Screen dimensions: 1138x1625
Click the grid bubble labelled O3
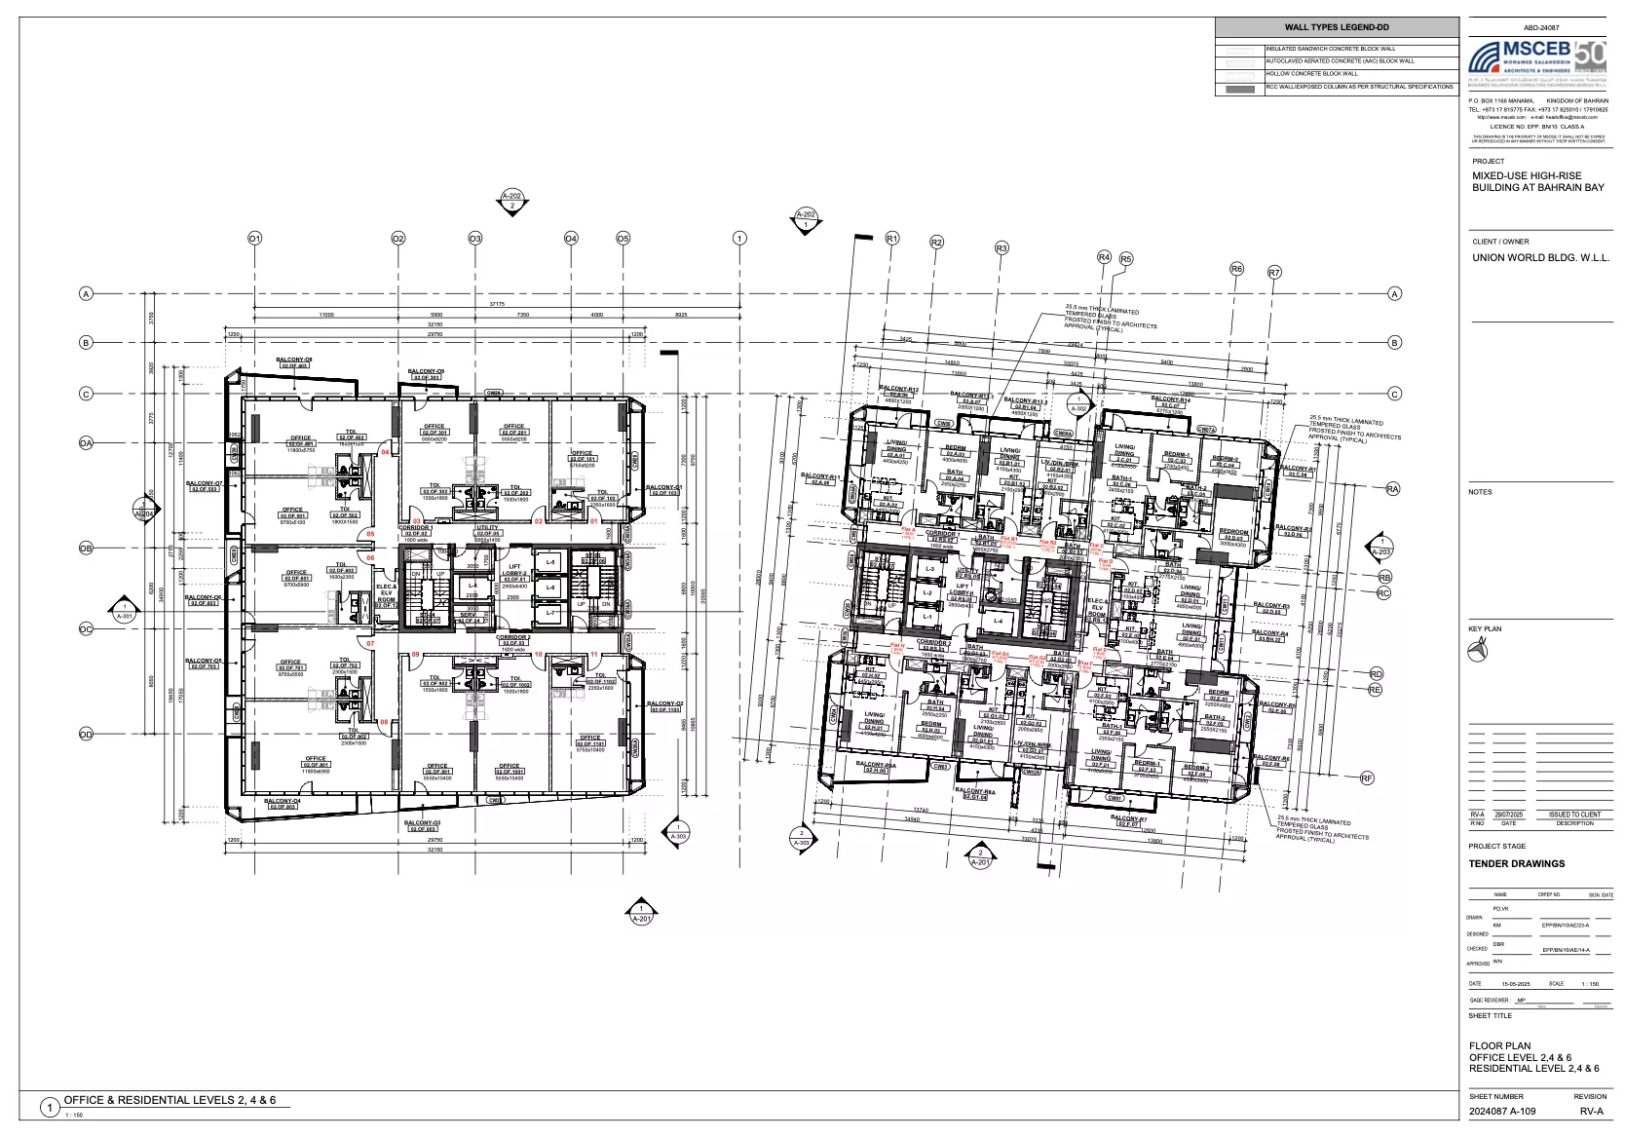475,239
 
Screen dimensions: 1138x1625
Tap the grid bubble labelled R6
1236,269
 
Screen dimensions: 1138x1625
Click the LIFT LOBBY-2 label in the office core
515,570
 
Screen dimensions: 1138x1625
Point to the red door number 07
370,644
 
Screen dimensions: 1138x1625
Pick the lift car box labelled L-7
550,613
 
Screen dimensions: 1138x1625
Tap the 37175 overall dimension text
496,305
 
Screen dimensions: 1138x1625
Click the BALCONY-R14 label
1170,400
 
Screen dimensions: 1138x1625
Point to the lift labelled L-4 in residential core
997,621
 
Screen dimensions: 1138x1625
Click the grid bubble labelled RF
1367,778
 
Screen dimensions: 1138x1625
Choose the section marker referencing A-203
1380,546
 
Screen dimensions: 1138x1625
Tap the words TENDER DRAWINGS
1517,863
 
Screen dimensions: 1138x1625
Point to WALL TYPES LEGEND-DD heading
1336,28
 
